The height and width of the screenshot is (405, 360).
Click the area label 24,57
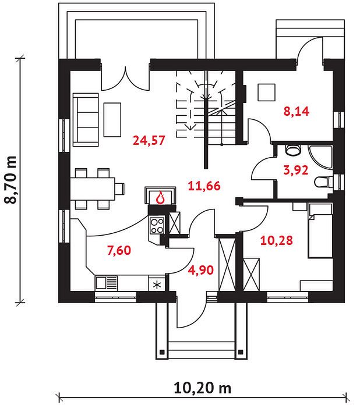click(x=149, y=140)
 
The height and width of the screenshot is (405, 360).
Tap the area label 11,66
click(x=204, y=186)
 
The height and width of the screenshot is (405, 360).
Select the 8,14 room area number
click(x=297, y=111)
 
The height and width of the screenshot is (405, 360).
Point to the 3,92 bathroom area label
click(x=296, y=170)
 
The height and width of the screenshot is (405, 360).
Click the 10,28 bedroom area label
click(x=277, y=240)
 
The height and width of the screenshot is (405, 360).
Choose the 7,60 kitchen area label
click(x=119, y=250)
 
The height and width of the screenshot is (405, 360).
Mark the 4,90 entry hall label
click(x=201, y=270)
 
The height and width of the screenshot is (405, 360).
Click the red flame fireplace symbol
click(x=161, y=198)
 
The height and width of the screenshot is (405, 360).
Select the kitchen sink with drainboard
click(x=106, y=283)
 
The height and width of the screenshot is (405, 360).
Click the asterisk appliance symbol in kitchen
click(x=157, y=285)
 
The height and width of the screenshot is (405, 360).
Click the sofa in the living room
click(x=86, y=120)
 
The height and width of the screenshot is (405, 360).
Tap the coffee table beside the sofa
click(x=112, y=120)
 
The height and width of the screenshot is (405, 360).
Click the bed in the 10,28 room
click(x=320, y=230)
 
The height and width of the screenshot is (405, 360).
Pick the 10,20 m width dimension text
click(x=203, y=388)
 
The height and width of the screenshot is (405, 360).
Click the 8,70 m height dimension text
click(x=11, y=180)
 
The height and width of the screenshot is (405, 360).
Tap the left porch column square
click(x=162, y=352)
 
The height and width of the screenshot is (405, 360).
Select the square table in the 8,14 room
click(x=266, y=92)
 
